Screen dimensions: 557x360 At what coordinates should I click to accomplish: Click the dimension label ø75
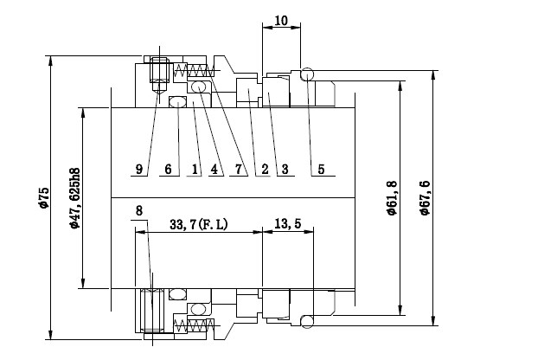click(44, 197)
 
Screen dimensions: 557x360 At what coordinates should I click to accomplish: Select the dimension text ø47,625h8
click(75, 198)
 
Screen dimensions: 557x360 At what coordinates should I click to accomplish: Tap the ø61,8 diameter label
click(392, 197)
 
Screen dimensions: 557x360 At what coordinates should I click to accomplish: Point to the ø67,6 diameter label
click(425, 197)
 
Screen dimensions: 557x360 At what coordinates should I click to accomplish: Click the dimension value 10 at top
click(281, 21)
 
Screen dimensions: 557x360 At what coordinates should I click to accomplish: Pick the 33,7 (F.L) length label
click(199, 224)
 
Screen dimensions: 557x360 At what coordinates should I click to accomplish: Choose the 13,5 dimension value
click(288, 223)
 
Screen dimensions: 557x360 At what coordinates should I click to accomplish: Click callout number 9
click(139, 169)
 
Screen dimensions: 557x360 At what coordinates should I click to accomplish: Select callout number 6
click(168, 169)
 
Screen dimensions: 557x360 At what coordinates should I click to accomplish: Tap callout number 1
click(195, 169)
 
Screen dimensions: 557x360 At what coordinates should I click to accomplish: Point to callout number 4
click(214, 169)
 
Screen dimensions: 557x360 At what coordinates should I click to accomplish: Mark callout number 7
click(239, 169)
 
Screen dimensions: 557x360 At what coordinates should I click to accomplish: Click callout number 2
click(265, 169)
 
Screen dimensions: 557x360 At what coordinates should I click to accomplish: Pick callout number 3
click(285, 169)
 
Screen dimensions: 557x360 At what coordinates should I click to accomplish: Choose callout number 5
click(321, 169)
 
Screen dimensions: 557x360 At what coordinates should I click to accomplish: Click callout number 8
click(139, 210)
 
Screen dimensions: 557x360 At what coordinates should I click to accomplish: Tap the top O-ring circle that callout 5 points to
click(307, 68)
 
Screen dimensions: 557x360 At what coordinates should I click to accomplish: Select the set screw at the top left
click(159, 74)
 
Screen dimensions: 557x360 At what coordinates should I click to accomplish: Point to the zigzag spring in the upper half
click(194, 70)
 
